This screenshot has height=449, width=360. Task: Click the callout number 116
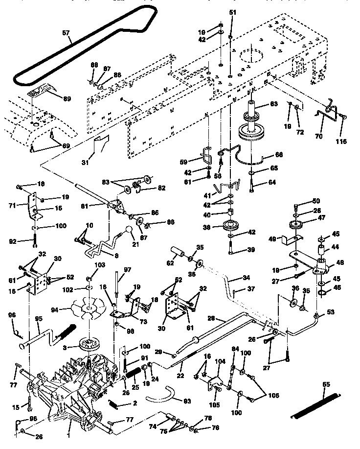(340, 142)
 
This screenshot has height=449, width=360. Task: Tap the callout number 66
(279, 155)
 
